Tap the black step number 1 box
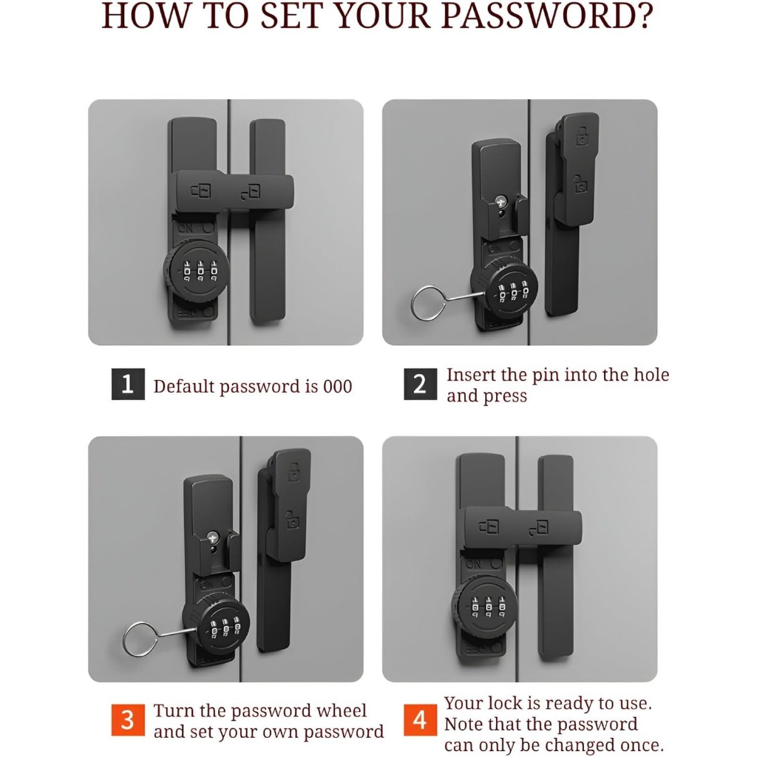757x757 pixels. tap(128, 384)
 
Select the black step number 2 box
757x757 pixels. tap(420, 384)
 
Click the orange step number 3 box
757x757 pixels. tap(128, 720)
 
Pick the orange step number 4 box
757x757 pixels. tap(420, 720)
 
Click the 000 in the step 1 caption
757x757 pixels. tap(337, 387)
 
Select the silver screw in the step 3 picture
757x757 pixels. tap(213, 537)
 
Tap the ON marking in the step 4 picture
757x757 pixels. tap(474, 563)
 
